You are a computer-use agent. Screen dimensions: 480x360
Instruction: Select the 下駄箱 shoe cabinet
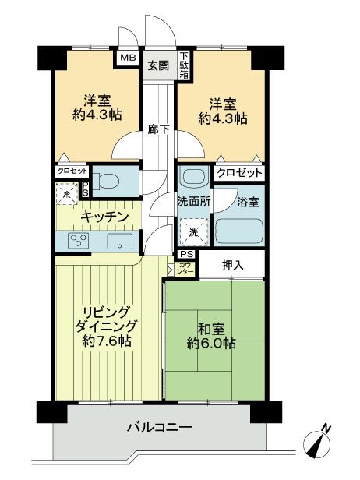coord(184,62)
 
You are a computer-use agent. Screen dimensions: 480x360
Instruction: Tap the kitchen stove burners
coord(78,241)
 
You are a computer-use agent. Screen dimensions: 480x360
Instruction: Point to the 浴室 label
coord(249,201)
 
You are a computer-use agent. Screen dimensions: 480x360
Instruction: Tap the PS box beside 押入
coord(187,254)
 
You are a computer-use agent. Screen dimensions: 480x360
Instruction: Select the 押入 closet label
coord(233,265)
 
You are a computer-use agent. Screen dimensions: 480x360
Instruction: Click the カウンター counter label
coord(185,269)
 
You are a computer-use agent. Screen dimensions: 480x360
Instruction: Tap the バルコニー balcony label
coord(159,427)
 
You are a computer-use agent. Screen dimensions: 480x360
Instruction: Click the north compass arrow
coord(322,441)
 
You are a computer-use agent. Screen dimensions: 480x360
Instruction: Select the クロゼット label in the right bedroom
coord(238,173)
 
